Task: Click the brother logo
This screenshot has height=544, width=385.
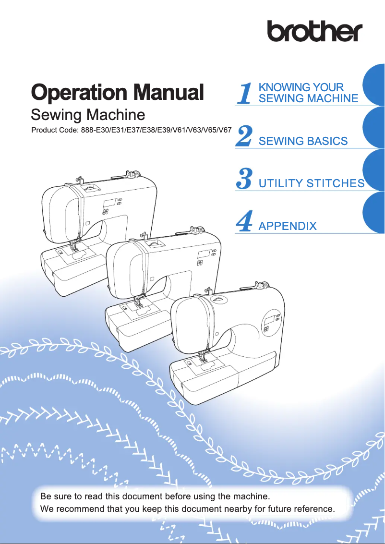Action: pyautogui.click(x=314, y=31)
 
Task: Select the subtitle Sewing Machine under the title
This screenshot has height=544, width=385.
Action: pyautogui.click(x=87, y=115)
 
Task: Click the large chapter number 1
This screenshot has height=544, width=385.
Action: pyautogui.click(x=245, y=93)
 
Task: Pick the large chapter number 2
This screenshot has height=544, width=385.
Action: pyautogui.click(x=245, y=136)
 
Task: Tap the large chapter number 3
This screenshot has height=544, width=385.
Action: pyautogui.click(x=245, y=179)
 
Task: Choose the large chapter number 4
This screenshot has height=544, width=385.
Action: pyautogui.click(x=245, y=221)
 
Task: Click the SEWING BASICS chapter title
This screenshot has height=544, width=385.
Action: pyautogui.click(x=303, y=141)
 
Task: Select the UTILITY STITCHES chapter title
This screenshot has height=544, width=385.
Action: pyautogui.click(x=311, y=183)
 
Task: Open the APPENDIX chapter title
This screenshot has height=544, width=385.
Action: pyautogui.click(x=288, y=226)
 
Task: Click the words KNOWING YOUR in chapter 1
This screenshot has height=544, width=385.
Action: pyautogui.click(x=301, y=87)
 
